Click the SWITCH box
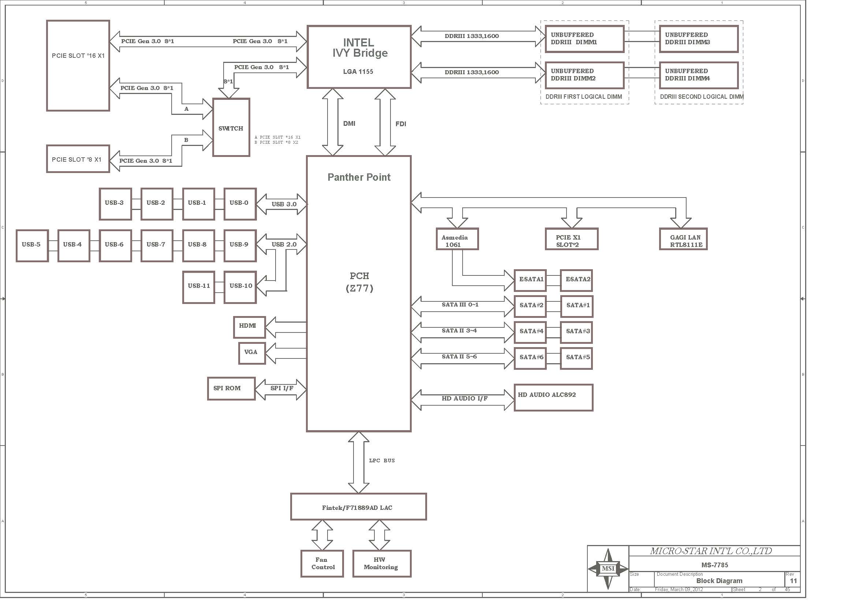pos(231,127)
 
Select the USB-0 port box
pos(240,204)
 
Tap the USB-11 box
pos(199,287)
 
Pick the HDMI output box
pos(250,327)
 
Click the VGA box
pos(252,353)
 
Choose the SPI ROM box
pos(231,388)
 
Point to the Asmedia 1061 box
pos(457,239)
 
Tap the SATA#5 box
pos(576,358)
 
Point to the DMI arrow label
pos(349,123)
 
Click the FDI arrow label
pos(401,124)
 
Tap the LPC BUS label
pos(382,461)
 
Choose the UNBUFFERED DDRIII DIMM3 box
pos(699,39)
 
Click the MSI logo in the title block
pos(608,568)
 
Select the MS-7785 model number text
pos(715,565)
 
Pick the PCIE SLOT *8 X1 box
pos(78,159)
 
